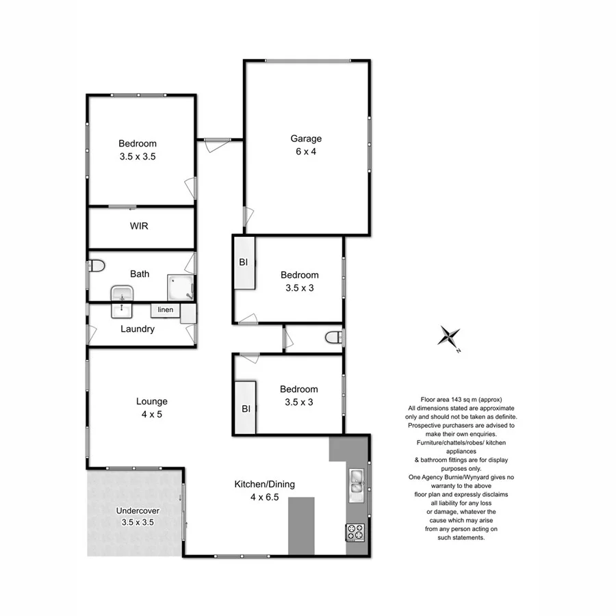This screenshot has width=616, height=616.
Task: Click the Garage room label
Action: coord(305,139)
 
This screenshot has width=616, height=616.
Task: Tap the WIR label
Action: coord(140,226)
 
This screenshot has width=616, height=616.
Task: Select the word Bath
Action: coord(140,274)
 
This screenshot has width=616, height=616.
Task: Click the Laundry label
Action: coord(138,329)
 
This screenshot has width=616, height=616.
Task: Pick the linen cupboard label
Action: coord(165,310)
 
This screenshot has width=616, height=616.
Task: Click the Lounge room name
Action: coord(151,402)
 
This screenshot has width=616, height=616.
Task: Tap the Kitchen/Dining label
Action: coord(264,484)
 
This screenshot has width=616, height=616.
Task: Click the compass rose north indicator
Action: coord(449,338)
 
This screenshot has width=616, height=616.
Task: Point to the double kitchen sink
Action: coord(357,483)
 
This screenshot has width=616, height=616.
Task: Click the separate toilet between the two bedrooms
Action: coord(334,338)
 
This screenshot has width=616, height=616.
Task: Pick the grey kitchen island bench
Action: coord(301,525)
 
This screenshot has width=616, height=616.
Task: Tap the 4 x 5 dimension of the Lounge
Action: coord(151,414)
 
